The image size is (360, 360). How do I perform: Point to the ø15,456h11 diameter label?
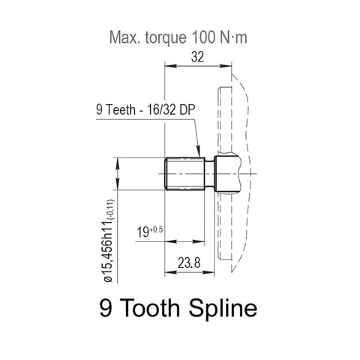[109, 239]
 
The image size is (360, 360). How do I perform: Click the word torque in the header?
[163, 36]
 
